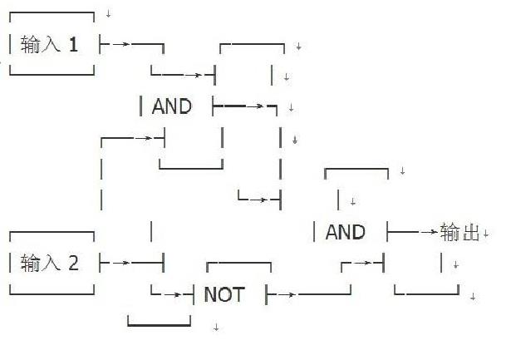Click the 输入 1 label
coord(50,45)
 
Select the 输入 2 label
coord(50,264)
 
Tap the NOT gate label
coord(224,294)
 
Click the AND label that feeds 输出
coord(345,233)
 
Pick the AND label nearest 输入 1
coord(172,106)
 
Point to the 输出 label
coord(459,233)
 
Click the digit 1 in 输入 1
coord(73,45)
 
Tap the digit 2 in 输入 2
coord(73,264)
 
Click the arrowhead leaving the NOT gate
coord(287,294)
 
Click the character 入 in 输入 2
coord(52,264)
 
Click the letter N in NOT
coord(210,294)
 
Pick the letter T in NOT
coord(238,294)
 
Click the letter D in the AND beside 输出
coord(358,233)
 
